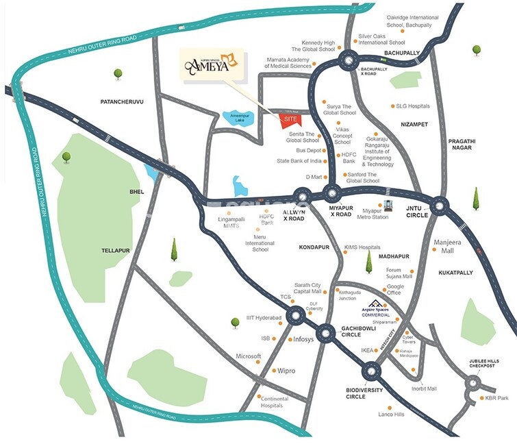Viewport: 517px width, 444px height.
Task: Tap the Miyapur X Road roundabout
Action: (x=333, y=195)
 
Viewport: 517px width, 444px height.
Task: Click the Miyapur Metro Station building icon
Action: (x=389, y=206)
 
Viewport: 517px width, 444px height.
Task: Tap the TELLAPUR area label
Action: (x=115, y=251)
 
